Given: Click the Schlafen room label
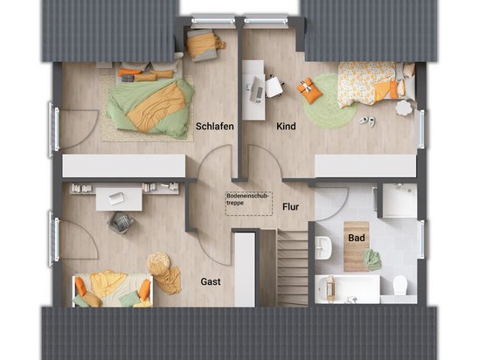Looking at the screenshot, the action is click(215, 126).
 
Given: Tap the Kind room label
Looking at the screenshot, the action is click(286, 126).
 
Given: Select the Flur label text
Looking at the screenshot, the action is click(290, 207).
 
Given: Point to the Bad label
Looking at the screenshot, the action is click(357, 238).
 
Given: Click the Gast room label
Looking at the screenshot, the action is click(211, 281).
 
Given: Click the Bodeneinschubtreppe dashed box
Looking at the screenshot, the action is click(248, 204).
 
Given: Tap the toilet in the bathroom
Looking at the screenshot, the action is click(399, 285).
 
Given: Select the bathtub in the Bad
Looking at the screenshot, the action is click(348, 289).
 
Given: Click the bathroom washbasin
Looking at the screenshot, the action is click(323, 247).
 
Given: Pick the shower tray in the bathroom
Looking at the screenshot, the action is click(399, 200).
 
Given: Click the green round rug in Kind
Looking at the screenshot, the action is click(330, 100).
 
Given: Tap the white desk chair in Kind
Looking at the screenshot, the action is click(274, 87).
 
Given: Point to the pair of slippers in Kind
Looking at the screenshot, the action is click(367, 121).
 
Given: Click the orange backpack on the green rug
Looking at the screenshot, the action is click(309, 90).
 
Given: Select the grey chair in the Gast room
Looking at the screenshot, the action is click(121, 223).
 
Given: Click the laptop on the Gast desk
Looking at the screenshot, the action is click(116, 198).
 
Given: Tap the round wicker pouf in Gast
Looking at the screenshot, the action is click(158, 261).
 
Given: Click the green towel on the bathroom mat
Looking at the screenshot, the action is click(372, 260).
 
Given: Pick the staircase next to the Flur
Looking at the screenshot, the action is click(292, 267).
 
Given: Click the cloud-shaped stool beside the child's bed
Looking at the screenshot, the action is click(404, 107).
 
